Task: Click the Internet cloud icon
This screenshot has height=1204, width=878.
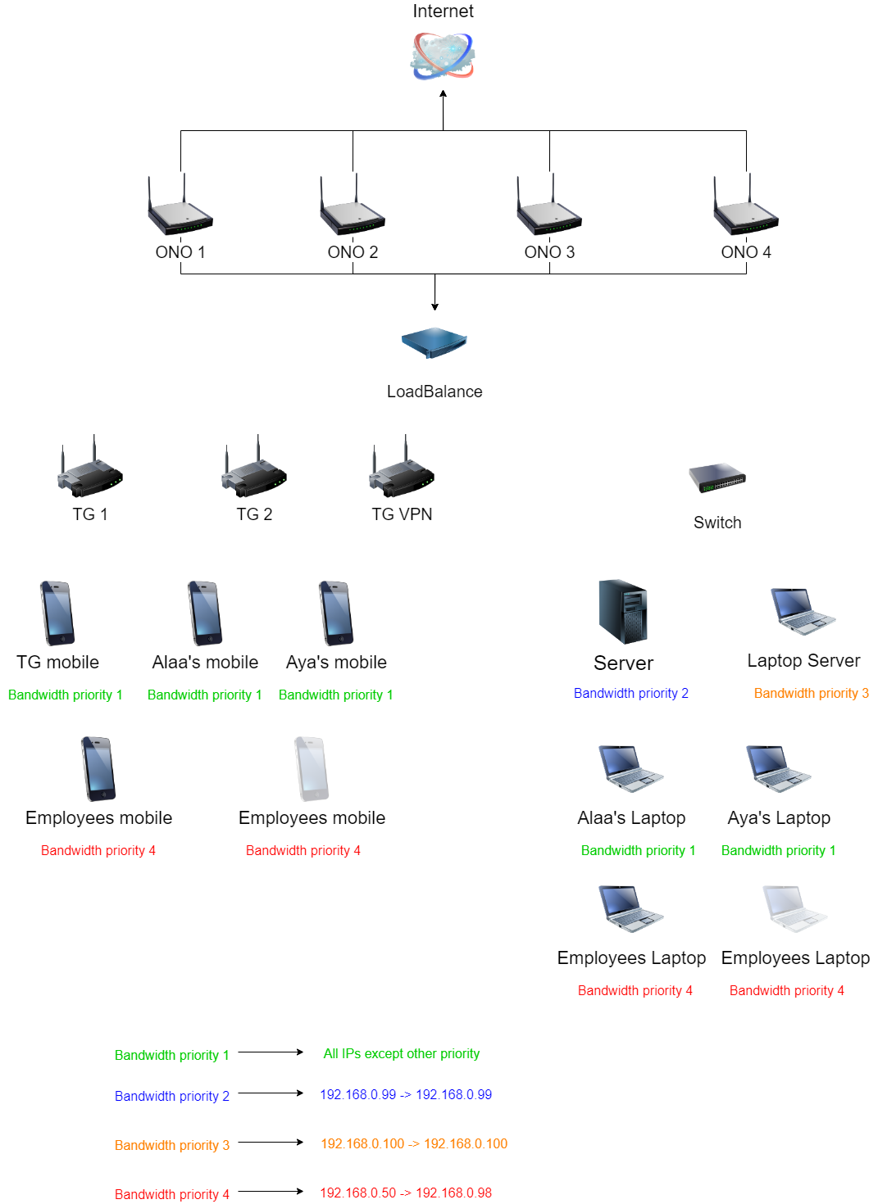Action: [443, 56]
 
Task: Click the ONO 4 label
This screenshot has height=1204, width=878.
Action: [746, 252]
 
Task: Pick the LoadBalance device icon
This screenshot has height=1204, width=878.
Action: [434, 342]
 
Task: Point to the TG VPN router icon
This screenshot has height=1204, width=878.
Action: [402, 468]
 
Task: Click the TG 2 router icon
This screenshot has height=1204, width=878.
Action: [254, 468]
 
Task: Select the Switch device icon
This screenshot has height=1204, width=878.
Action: [717, 478]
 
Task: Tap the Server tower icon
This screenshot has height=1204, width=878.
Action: [623, 612]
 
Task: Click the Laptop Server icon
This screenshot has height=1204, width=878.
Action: [803, 611]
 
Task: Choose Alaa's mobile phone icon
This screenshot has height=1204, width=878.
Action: [205, 613]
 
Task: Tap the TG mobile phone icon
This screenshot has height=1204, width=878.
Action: [57, 613]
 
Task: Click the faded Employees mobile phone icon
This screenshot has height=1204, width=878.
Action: [312, 769]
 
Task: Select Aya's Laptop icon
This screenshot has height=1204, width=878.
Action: [778, 768]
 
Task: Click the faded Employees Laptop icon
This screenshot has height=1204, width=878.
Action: [794, 908]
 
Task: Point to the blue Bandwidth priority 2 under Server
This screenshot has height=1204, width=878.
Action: [631, 694]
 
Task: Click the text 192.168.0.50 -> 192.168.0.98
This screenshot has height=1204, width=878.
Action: [406, 1193]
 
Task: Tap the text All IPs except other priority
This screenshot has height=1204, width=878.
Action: [402, 1053]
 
